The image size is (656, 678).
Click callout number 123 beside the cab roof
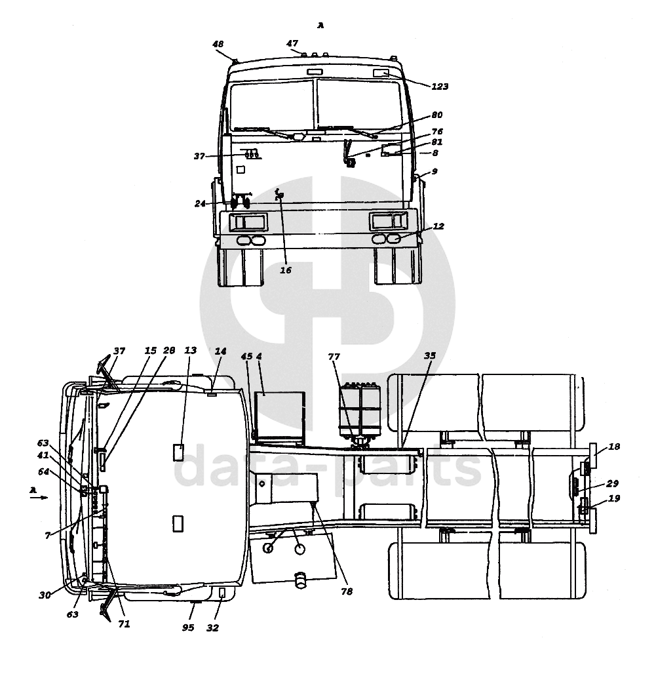[440, 87]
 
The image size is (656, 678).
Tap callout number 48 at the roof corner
[218, 44]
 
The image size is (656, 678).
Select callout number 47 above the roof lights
[292, 43]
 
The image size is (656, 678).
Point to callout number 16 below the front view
[286, 270]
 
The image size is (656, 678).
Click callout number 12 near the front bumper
[438, 226]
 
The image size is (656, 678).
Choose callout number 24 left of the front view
[200, 203]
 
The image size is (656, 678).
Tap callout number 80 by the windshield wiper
[437, 115]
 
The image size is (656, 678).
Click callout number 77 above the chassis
[334, 357]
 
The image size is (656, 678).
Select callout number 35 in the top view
[429, 355]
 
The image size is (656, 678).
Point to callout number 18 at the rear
[613, 447]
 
